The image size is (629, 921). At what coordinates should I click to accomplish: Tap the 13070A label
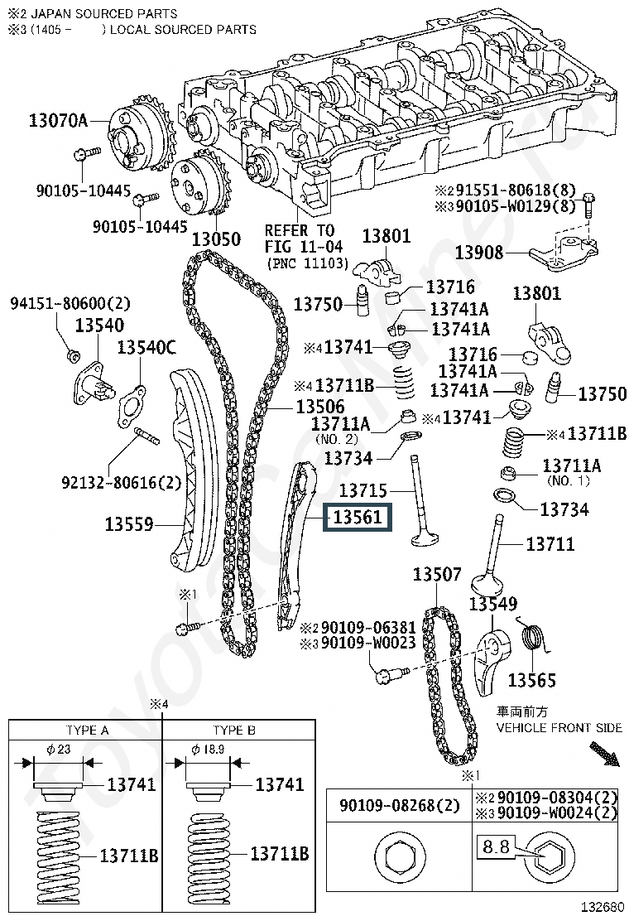pos(58,121)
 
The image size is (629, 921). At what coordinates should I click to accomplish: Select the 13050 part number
pos(217,239)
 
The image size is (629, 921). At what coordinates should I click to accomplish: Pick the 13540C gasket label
pos(146,348)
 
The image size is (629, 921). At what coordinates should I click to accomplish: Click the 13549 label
pos(493,604)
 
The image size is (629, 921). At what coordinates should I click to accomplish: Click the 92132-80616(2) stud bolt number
pos(121,481)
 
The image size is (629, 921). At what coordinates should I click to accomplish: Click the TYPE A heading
pos(87,730)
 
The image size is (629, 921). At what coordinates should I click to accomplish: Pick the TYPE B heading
pos(234,730)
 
